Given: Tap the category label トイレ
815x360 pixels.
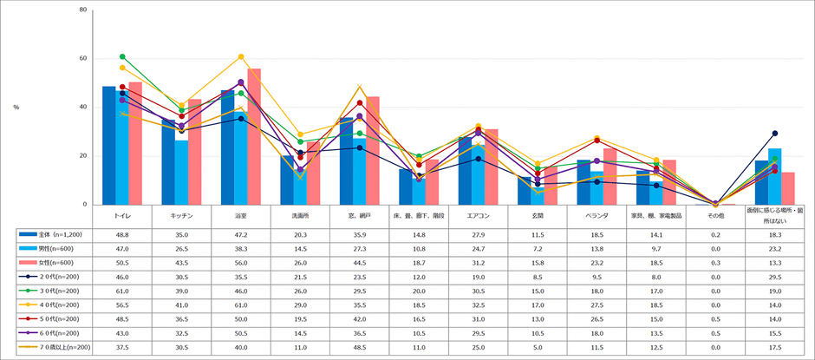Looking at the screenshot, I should click(122, 213).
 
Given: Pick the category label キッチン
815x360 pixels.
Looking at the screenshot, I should click(181, 213).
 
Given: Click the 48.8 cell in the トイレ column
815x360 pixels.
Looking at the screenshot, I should click(122, 234).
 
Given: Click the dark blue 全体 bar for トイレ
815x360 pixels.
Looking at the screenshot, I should click(108, 146).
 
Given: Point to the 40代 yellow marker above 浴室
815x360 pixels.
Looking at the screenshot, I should click(240, 56).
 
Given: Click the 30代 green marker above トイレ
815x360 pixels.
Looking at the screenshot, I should click(122, 56).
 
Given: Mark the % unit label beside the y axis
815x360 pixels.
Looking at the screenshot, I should click(16, 108).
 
